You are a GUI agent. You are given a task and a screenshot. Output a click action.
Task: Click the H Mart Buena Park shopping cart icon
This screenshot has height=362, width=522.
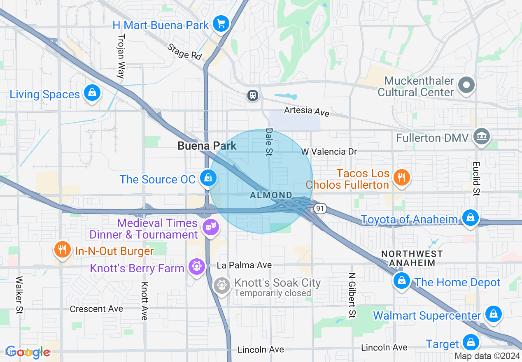221,24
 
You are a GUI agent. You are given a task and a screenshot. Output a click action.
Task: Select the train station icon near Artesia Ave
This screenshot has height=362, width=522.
252,95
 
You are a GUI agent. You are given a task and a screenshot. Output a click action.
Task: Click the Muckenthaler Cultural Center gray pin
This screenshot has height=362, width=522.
466,86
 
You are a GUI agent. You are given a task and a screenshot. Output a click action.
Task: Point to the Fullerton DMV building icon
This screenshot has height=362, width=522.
481,137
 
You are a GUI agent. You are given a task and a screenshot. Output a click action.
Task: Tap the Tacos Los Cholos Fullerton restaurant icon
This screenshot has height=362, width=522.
400,177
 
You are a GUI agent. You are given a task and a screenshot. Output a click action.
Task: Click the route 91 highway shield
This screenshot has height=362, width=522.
320,209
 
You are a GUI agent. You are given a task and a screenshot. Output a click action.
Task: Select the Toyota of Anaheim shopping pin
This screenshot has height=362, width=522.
470,217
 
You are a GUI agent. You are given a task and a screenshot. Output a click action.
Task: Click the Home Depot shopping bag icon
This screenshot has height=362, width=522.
401,281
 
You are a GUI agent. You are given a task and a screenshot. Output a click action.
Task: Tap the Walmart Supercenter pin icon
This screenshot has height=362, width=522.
493,314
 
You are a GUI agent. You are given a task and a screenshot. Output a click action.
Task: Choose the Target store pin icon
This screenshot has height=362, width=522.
470,342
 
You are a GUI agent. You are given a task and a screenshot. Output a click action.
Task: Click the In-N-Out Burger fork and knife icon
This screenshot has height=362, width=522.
62,249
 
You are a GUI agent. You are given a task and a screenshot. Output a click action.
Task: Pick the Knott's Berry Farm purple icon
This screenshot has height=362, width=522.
197,267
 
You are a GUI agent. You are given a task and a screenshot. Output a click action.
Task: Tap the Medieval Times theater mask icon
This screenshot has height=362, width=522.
211,227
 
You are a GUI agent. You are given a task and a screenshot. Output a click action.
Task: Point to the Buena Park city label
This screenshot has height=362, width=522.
207,146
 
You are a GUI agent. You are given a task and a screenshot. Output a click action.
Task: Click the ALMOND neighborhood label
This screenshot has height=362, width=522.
271,195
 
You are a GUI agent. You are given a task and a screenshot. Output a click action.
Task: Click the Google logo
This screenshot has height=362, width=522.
28,352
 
